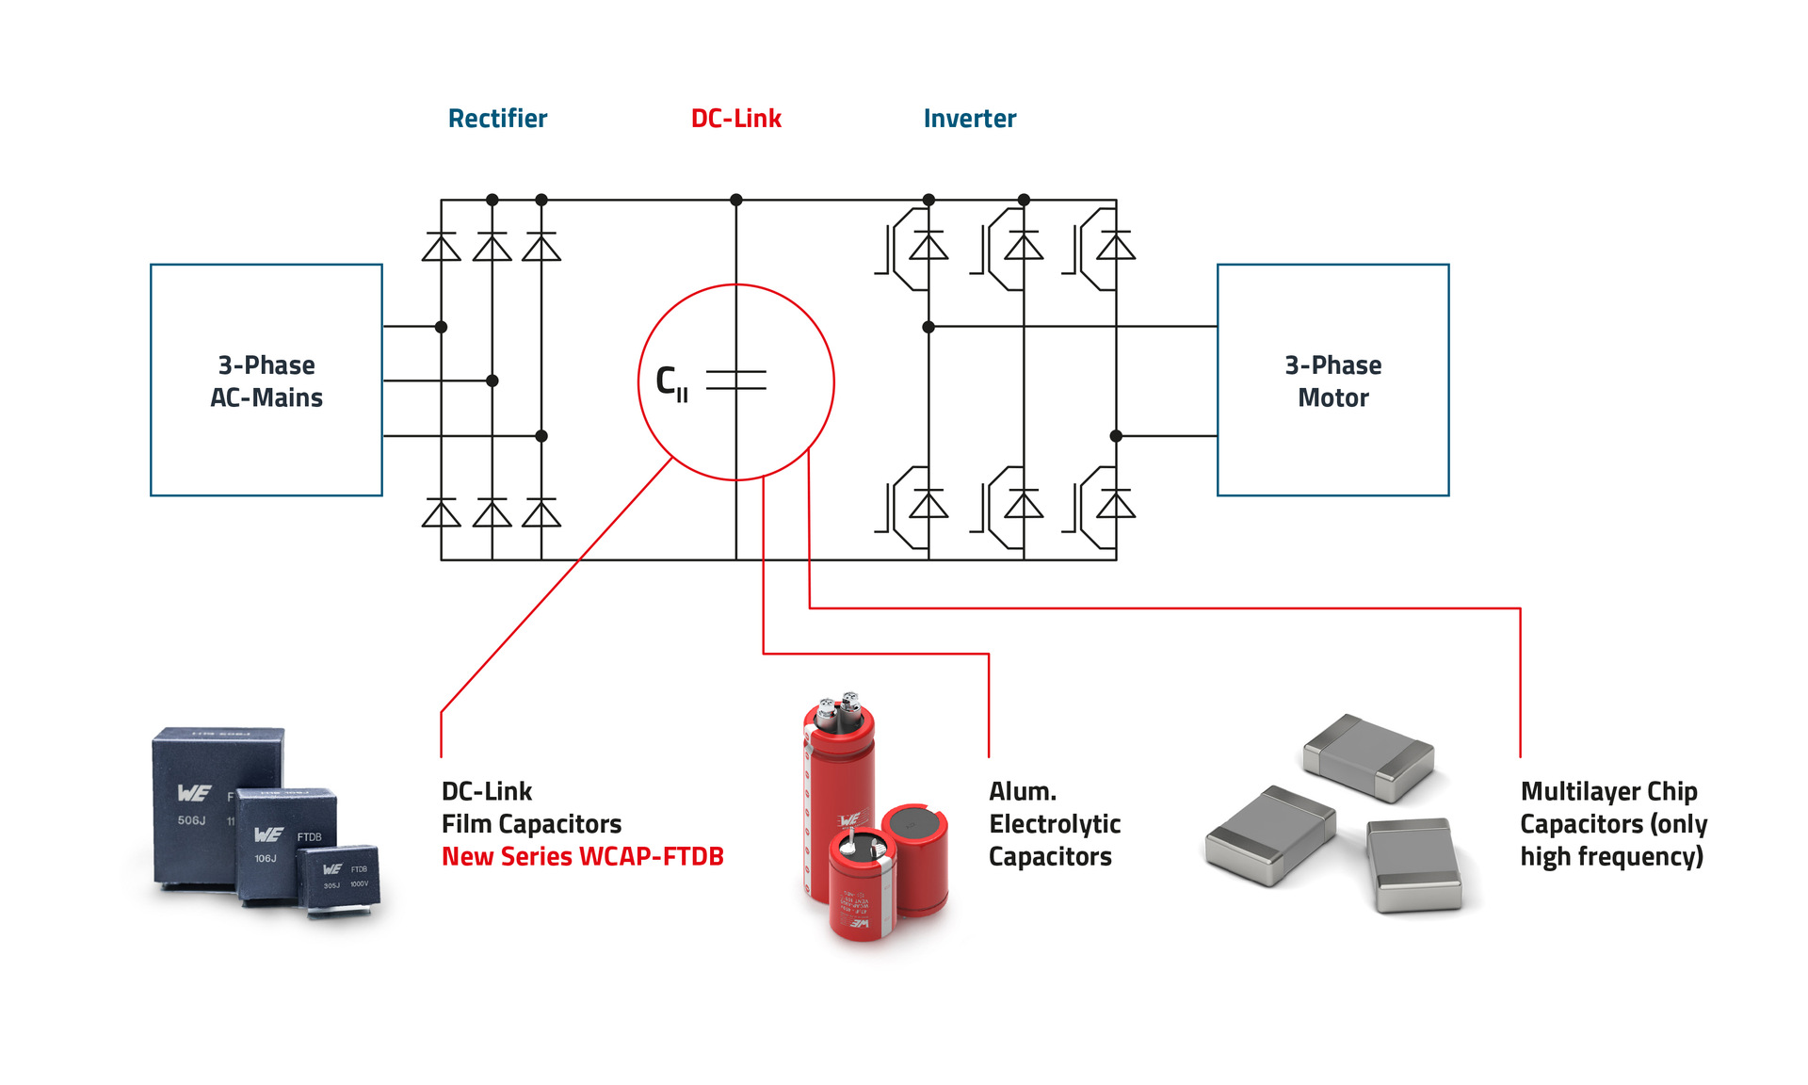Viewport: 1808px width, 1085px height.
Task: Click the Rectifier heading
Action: [x=497, y=119]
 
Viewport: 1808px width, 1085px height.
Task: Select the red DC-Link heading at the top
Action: [x=735, y=119]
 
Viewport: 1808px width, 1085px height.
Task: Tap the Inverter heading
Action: [x=969, y=119]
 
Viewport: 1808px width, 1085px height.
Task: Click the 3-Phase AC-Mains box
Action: [x=266, y=381]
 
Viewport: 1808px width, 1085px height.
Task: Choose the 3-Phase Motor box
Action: [x=1332, y=381]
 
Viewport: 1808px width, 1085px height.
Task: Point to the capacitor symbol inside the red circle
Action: [x=736, y=381]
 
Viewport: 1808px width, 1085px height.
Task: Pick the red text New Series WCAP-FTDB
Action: [x=582, y=857]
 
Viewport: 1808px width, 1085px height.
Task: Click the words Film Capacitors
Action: [x=531, y=824]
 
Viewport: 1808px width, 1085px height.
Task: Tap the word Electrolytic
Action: [x=1055, y=824]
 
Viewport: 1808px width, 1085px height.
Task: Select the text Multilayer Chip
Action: [x=1608, y=791]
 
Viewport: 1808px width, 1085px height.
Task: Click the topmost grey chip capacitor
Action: [x=1368, y=757]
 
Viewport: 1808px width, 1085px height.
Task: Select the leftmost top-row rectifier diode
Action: [x=441, y=248]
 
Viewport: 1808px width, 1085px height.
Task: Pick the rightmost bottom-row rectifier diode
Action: [x=541, y=513]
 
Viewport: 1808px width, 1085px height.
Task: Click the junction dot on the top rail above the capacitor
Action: [x=736, y=200]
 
